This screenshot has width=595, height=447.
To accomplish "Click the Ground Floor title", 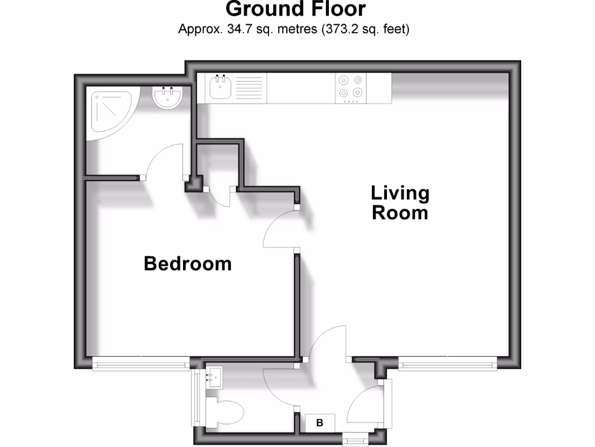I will click(296, 9).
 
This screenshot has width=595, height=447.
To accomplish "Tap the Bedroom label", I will click(188, 264).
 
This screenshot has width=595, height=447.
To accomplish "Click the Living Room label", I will click(400, 202).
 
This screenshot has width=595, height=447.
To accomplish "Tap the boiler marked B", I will click(319, 423).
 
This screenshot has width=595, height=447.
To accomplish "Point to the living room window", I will click(447, 364).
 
